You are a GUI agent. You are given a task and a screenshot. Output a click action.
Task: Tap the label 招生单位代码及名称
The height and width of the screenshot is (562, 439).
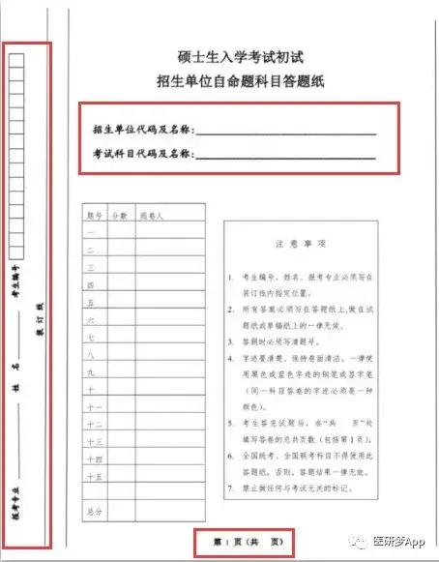coord(143,129)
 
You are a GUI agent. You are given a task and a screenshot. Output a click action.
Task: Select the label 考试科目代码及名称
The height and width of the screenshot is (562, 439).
coord(143,153)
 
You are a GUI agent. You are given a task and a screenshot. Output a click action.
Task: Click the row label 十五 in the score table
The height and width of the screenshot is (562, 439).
coord(93,476)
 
